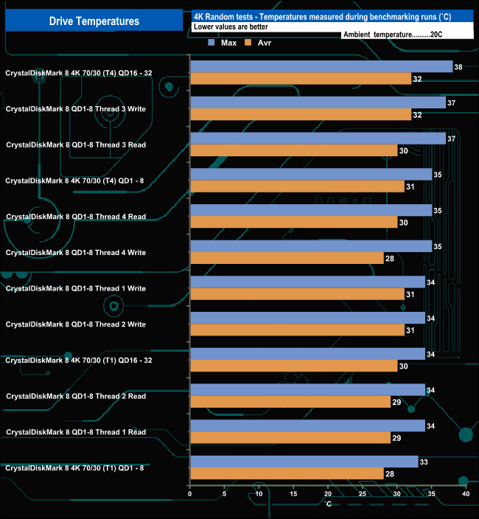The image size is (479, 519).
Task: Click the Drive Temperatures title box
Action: (94, 21)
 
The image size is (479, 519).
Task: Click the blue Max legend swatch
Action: (212, 43)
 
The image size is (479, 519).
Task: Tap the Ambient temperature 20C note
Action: (392, 34)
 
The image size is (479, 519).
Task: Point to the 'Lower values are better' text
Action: (231, 26)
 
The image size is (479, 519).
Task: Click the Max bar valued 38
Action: (321, 66)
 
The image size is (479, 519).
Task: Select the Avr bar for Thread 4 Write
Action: (287, 258)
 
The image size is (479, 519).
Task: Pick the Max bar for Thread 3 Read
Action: (318, 139)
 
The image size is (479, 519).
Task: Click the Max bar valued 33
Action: (304, 462)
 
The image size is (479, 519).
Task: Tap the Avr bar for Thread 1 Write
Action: (297, 294)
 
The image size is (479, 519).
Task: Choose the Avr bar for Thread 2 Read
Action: (290, 402)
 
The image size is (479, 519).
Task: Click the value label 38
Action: (458, 67)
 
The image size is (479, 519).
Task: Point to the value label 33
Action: (424, 462)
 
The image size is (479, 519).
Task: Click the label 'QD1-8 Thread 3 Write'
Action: (75, 108)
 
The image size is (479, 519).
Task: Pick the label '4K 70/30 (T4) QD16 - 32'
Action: (78, 72)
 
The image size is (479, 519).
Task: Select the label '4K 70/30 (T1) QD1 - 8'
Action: (75, 468)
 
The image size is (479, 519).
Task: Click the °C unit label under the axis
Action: (328, 504)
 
